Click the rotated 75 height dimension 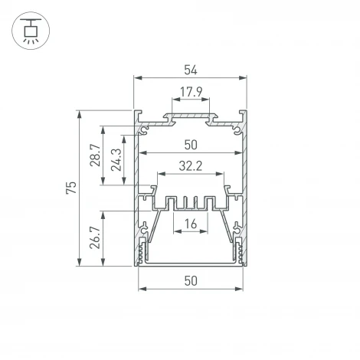coord(71,188)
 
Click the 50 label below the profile coord(191,280)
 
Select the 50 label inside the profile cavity coord(191,143)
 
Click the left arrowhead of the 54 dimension coord(137,78)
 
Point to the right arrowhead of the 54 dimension coord(246,78)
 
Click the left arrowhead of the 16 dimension coord(176,231)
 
